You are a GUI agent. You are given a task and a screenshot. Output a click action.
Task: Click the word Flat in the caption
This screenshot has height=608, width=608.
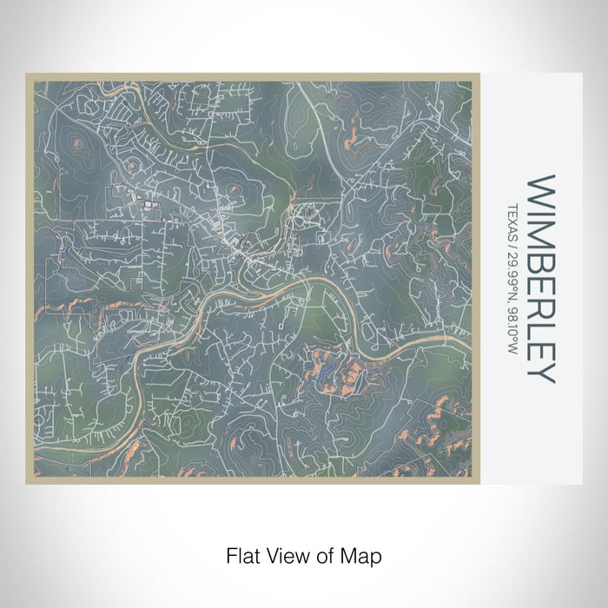coord(241,554)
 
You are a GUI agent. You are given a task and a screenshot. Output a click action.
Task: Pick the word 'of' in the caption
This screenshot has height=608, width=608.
coord(324,554)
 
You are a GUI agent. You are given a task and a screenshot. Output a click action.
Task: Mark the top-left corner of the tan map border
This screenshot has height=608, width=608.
coord(28,75)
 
